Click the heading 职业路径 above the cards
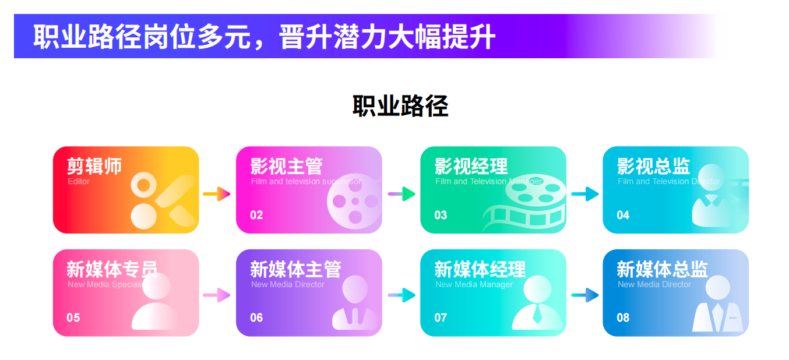pos(400,107)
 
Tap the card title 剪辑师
pos(94,167)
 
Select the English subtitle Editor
pos(79,182)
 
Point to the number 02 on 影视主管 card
pos(256,216)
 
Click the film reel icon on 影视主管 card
pos(355,202)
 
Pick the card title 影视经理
pos(471,167)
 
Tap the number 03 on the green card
pos(441,216)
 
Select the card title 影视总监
pos(653,167)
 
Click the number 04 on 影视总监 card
pos(623,216)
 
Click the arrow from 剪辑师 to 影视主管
pos(217,194)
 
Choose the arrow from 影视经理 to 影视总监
pos(584,194)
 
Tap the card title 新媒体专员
pos(112,270)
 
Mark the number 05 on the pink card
pos(73,318)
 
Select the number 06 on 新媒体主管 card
pos(256,318)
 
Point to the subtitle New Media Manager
pos(474,285)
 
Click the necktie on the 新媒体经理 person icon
pos(537,315)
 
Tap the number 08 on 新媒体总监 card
pos(623,318)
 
